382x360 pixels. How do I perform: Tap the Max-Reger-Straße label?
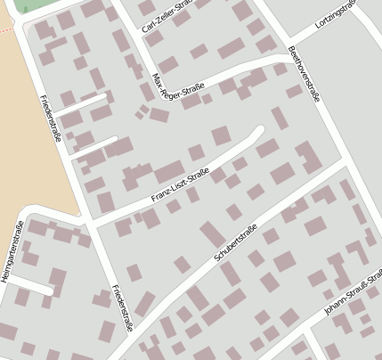tap(179, 88)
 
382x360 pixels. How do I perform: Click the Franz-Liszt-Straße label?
tap(179, 184)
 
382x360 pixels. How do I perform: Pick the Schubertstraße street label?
tap(236, 243)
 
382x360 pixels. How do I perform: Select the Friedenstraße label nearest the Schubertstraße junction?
tap(122, 308)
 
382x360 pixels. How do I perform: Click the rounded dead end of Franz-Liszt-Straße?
tap(258, 132)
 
